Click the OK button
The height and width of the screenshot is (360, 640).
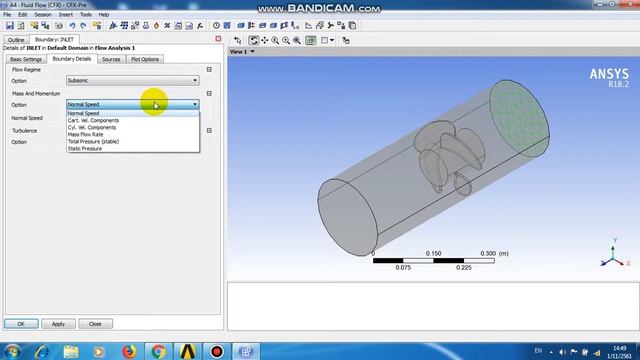[20, 323]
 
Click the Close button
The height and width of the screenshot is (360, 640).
[95, 323]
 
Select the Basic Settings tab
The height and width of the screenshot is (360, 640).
[26, 59]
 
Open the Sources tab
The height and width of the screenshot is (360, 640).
[111, 59]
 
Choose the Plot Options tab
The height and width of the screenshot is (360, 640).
[144, 59]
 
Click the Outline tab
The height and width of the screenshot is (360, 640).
[16, 39]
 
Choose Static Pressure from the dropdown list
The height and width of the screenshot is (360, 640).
[85, 148]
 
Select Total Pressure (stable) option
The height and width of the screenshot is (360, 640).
[93, 141]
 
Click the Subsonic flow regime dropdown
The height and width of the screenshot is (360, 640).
[132, 80]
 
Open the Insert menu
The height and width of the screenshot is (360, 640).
[65, 15]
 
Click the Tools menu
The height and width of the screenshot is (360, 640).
[86, 15]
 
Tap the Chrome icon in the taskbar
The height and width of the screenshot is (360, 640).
[159, 350]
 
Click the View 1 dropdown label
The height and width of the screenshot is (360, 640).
[240, 51]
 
